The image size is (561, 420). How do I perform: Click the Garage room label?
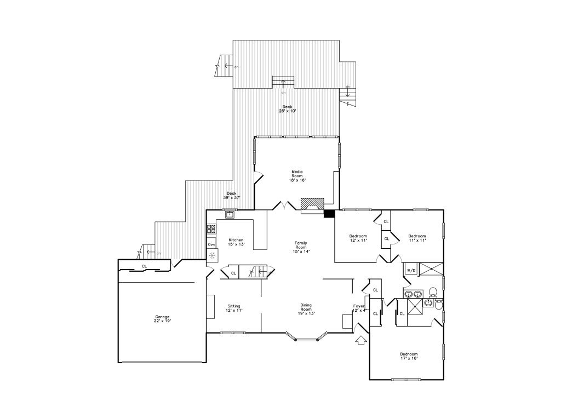[x=162, y=319]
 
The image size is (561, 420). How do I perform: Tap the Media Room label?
[x=297, y=176]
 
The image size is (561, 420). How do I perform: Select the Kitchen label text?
[x=236, y=242]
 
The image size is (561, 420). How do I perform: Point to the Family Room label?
[x=301, y=247]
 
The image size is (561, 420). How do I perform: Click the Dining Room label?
[x=306, y=310]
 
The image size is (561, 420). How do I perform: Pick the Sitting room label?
[x=234, y=308]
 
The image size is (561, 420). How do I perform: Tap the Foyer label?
[x=359, y=308]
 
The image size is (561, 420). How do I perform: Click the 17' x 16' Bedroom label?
[x=409, y=356]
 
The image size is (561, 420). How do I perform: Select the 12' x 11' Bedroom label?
[x=358, y=238]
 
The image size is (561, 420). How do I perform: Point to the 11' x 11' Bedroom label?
[x=417, y=238]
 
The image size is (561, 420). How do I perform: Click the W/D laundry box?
[x=411, y=270]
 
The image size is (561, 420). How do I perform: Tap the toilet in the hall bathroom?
[x=433, y=292]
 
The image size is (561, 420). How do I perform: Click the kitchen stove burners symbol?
[x=211, y=229]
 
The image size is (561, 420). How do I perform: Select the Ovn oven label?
[x=211, y=244]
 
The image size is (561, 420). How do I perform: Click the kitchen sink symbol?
[x=230, y=214]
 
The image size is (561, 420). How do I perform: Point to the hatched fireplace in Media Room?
[x=312, y=206]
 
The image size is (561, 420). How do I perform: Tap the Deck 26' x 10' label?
[x=287, y=109]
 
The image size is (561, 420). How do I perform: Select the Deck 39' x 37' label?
[x=232, y=195]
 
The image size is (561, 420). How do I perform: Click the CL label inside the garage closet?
[x=144, y=266]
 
